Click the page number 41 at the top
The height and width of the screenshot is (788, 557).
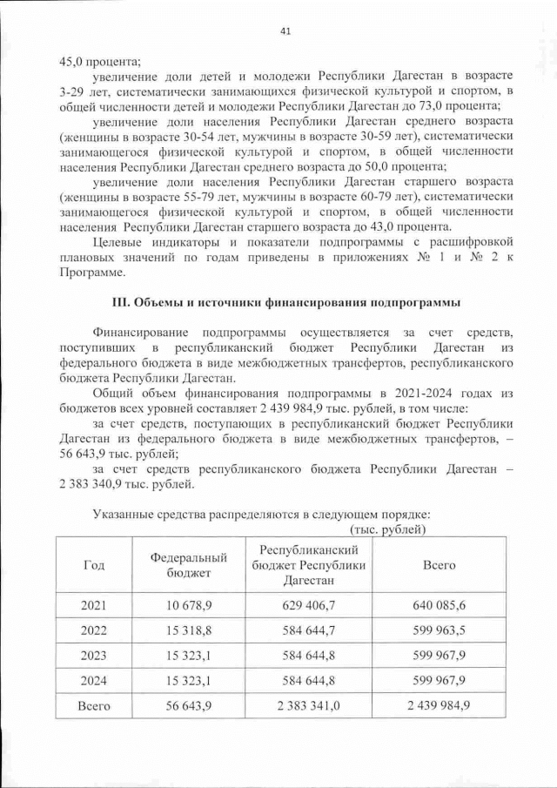(x=285, y=32)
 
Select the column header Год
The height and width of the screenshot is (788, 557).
(x=94, y=565)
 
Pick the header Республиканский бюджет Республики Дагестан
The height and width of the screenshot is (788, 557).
(x=309, y=565)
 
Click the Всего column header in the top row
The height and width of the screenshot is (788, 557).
(x=439, y=565)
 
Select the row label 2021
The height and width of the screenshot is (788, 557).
(x=94, y=605)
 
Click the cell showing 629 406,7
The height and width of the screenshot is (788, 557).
(x=309, y=605)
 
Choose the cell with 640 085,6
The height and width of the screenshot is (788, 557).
(x=439, y=605)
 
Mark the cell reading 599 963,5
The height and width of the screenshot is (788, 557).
(x=439, y=630)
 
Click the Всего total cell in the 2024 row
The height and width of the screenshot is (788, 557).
(x=439, y=681)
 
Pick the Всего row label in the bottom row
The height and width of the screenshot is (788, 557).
(x=94, y=706)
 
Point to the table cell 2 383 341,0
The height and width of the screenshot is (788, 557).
(x=309, y=706)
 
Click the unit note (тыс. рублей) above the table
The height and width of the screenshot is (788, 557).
(x=386, y=529)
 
